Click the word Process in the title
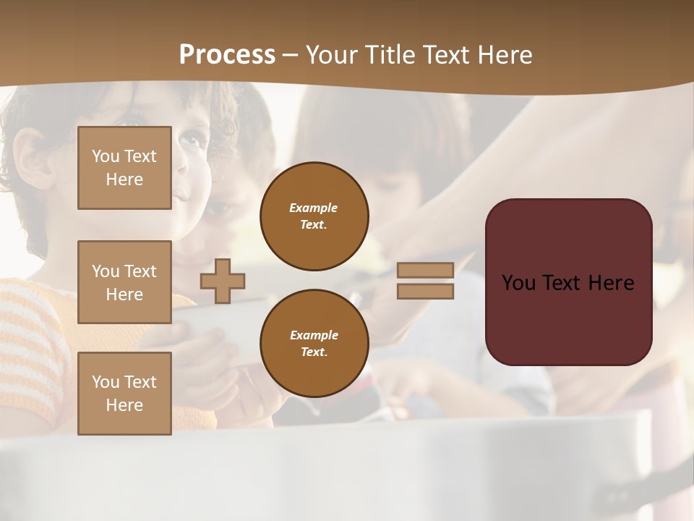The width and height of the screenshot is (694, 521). (227, 55)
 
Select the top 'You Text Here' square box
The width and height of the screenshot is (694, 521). (124, 168)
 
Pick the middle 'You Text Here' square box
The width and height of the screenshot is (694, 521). (124, 282)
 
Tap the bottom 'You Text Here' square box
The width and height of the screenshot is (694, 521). (124, 394)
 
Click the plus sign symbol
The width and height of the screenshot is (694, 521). (223, 281)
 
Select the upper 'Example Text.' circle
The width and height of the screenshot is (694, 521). (314, 216)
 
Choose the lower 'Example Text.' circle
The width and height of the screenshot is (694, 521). (314, 344)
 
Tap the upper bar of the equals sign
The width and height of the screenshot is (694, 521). (426, 270)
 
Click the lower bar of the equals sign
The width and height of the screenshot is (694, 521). (426, 292)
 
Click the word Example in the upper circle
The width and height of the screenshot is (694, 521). (314, 208)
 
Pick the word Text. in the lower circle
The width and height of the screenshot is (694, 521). (314, 352)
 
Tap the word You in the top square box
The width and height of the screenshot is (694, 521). (105, 156)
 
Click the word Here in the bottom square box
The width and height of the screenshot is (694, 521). (124, 405)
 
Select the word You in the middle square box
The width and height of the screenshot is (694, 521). (105, 271)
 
